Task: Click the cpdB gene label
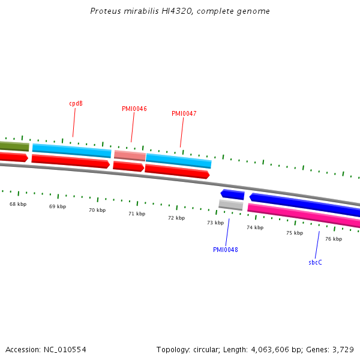(76, 103)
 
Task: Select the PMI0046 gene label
(134, 109)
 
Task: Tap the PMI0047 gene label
(184, 113)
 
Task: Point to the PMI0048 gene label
(225, 250)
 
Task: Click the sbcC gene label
(315, 262)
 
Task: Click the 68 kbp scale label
(18, 204)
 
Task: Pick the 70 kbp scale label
(97, 210)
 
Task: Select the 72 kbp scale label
(176, 218)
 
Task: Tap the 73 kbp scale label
(215, 223)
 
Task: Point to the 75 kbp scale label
(294, 233)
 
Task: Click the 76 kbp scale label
(334, 239)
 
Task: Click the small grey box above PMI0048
(230, 205)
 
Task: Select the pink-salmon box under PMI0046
(130, 155)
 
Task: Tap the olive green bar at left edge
(14, 146)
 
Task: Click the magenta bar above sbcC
(304, 216)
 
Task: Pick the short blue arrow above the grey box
(232, 194)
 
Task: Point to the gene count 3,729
(343, 349)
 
